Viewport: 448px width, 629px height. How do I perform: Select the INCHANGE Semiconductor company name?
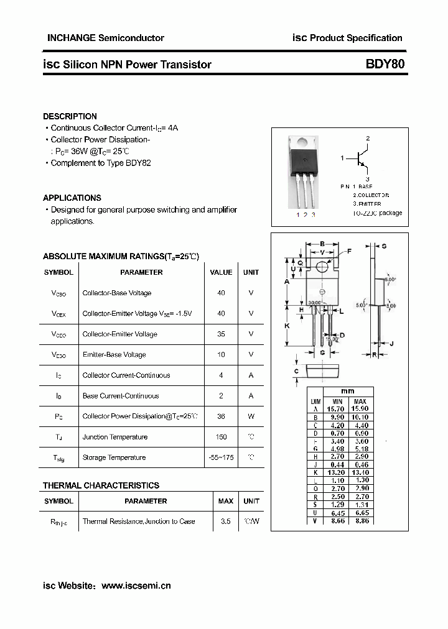[105, 38]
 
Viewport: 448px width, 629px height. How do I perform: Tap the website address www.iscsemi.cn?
[136, 585]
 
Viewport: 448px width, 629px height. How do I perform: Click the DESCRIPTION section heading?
[70, 116]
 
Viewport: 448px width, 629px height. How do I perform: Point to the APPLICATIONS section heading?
[72, 198]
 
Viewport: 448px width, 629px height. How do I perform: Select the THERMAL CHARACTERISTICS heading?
[101, 485]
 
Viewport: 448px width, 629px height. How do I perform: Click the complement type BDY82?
[138, 163]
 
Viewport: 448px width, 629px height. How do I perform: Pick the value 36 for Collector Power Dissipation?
[221, 416]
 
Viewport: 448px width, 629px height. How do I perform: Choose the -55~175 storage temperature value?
[221, 457]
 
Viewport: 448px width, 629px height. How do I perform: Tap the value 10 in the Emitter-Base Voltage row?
[221, 355]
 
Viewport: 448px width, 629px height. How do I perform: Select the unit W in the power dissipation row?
[251, 416]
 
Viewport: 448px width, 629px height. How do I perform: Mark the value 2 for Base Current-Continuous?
[221, 396]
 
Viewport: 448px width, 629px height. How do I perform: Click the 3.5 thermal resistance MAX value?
[225, 521]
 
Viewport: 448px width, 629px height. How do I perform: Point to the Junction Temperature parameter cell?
[114, 437]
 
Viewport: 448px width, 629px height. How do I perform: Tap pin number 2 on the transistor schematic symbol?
[368, 138]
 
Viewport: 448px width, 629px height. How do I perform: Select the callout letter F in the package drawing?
[349, 251]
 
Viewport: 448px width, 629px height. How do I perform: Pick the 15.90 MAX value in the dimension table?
[360, 408]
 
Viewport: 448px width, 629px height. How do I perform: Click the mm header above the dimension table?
[348, 391]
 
